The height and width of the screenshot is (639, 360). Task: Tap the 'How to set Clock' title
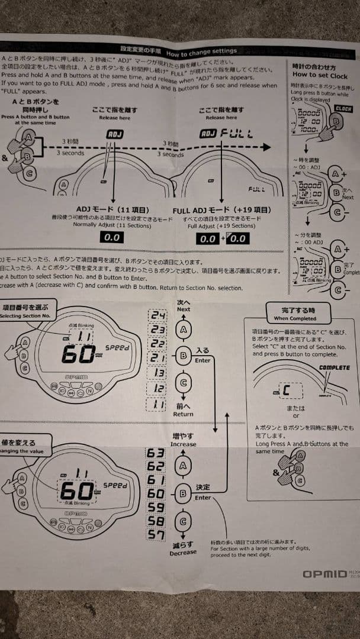pyautogui.click(x=320, y=75)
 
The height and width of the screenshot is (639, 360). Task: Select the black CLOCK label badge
pyautogui.click(x=343, y=108)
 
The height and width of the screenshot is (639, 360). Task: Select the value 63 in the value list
pyautogui.click(x=156, y=453)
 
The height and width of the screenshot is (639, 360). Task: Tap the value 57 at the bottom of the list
pyautogui.click(x=156, y=535)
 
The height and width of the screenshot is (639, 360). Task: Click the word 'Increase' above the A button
pyautogui.click(x=183, y=444)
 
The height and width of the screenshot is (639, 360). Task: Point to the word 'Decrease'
pyautogui.click(x=183, y=552)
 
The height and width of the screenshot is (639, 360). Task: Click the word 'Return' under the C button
pyautogui.click(x=183, y=414)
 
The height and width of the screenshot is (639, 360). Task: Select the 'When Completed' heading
pyautogui.click(x=294, y=318)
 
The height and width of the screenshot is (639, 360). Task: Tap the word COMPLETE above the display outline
pyautogui.click(x=334, y=367)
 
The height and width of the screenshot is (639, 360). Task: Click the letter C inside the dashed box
pyautogui.click(x=286, y=391)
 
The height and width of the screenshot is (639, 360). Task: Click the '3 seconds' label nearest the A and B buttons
pyautogui.click(x=70, y=153)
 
